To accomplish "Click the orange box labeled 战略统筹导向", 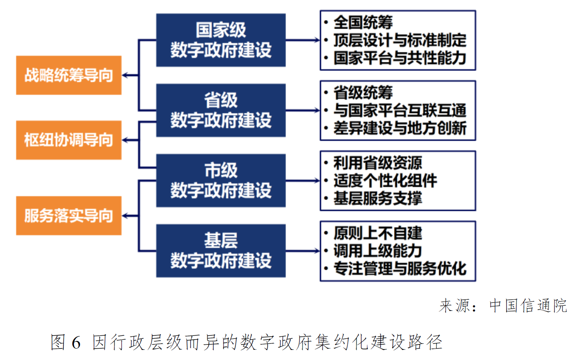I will click(x=69, y=75).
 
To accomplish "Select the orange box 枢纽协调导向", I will click(x=69, y=140).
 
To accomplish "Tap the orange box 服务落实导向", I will click(x=69, y=216).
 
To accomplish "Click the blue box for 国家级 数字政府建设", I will click(x=221, y=40).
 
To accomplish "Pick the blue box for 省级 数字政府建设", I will click(x=221, y=110).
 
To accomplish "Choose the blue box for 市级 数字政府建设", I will click(x=221, y=181).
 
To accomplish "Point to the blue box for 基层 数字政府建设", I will click(x=221, y=251).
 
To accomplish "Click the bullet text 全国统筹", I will click(x=363, y=22).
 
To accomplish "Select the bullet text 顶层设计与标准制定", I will click(x=400, y=40).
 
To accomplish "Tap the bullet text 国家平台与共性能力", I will click(x=400, y=58).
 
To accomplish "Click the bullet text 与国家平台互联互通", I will click(x=400, y=110).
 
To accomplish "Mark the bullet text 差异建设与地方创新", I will click(x=400, y=128).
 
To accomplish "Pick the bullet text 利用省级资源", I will click(x=378, y=163).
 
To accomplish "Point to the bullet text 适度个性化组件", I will click(x=385, y=181).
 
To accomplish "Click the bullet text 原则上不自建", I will click(x=378, y=233).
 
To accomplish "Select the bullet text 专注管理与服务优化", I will click(x=400, y=268).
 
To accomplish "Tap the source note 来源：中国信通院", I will click(x=503, y=306).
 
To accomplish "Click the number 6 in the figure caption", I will click(x=76, y=342).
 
